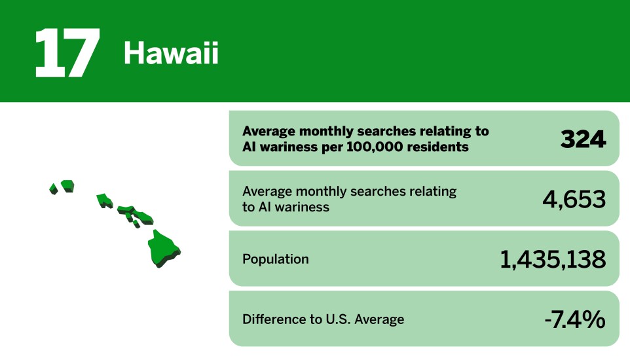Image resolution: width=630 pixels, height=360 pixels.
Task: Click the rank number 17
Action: pyautogui.click(x=67, y=53)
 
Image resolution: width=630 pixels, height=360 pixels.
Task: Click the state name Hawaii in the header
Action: pyautogui.click(x=171, y=54)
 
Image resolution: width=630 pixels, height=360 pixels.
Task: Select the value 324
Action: pyautogui.click(x=583, y=139)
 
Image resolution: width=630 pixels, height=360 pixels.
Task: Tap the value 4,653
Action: pyautogui.click(x=574, y=199)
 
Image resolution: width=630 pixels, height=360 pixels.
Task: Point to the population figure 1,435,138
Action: pyautogui.click(x=553, y=259)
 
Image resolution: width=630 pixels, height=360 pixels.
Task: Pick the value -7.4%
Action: pyautogui.click(x=574, y=319)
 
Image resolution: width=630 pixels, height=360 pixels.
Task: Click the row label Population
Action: pyautogui.click(x=275, y=259)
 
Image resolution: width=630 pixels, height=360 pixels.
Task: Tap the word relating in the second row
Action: pyautogui.click(x=430, y=191)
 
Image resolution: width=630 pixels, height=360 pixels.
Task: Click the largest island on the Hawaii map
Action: pyautogui.click(x=163, y=247)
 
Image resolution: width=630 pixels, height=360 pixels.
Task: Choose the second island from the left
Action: pyautogui.click(x=67, y=186)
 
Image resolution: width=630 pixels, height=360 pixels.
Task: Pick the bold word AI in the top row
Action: pyautogui.click(x=250, y=147)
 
